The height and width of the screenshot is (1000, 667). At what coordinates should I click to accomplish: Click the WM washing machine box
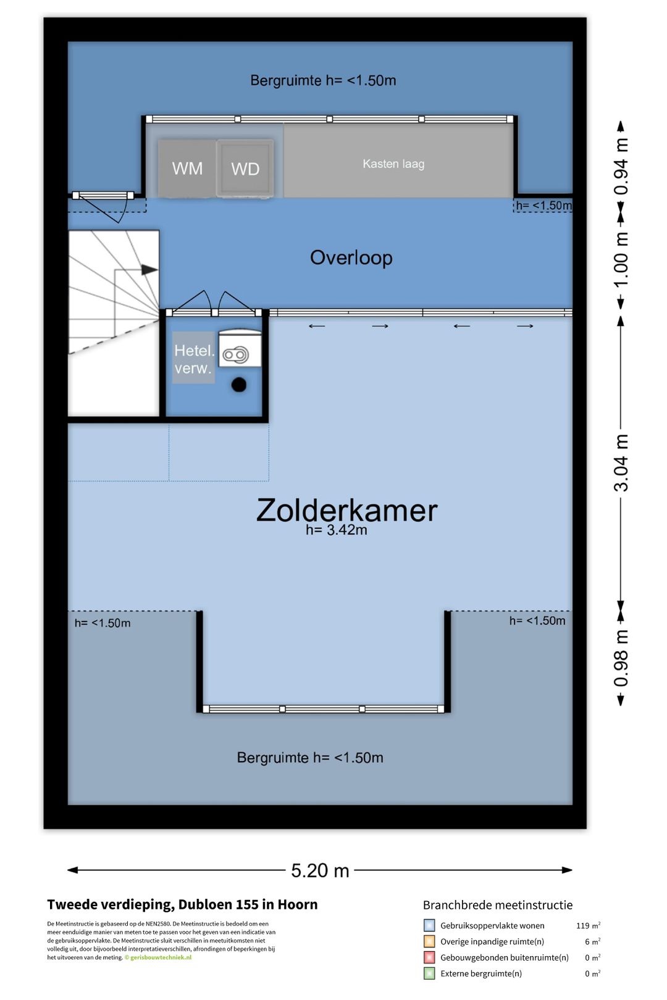[187, 169]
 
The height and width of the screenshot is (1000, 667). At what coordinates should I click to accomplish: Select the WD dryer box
[245, 169]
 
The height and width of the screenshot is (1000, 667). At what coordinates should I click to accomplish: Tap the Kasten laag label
[393, 164]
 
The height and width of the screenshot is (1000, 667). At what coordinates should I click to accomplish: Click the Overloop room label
[351, 258]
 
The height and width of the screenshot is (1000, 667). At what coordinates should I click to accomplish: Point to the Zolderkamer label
[346, 510]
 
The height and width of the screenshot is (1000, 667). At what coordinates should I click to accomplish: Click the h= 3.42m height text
[337, 530]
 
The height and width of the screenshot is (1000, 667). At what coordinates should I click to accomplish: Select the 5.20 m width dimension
[320, 870]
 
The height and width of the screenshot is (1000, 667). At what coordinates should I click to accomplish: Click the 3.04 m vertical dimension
[621, 462]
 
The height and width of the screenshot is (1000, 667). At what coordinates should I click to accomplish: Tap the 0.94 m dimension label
[621, 165]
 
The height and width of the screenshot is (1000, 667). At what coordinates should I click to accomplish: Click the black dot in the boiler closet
[239, 385]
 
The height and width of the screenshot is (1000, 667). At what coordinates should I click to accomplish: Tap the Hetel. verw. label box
[194, 358]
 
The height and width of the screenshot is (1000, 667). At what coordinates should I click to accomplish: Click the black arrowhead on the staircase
[149, 270]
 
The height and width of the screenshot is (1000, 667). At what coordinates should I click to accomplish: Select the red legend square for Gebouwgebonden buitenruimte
[429, 957]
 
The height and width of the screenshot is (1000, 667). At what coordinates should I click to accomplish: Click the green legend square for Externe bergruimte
[429, 973]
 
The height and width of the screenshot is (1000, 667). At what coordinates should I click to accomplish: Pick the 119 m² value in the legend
[588, 925]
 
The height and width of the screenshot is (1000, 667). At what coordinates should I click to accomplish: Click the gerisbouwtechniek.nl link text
[161, 957]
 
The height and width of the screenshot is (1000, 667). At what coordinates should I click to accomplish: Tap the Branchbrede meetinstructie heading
[498, 905]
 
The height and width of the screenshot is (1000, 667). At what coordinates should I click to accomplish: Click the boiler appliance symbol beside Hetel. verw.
[240, 349]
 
